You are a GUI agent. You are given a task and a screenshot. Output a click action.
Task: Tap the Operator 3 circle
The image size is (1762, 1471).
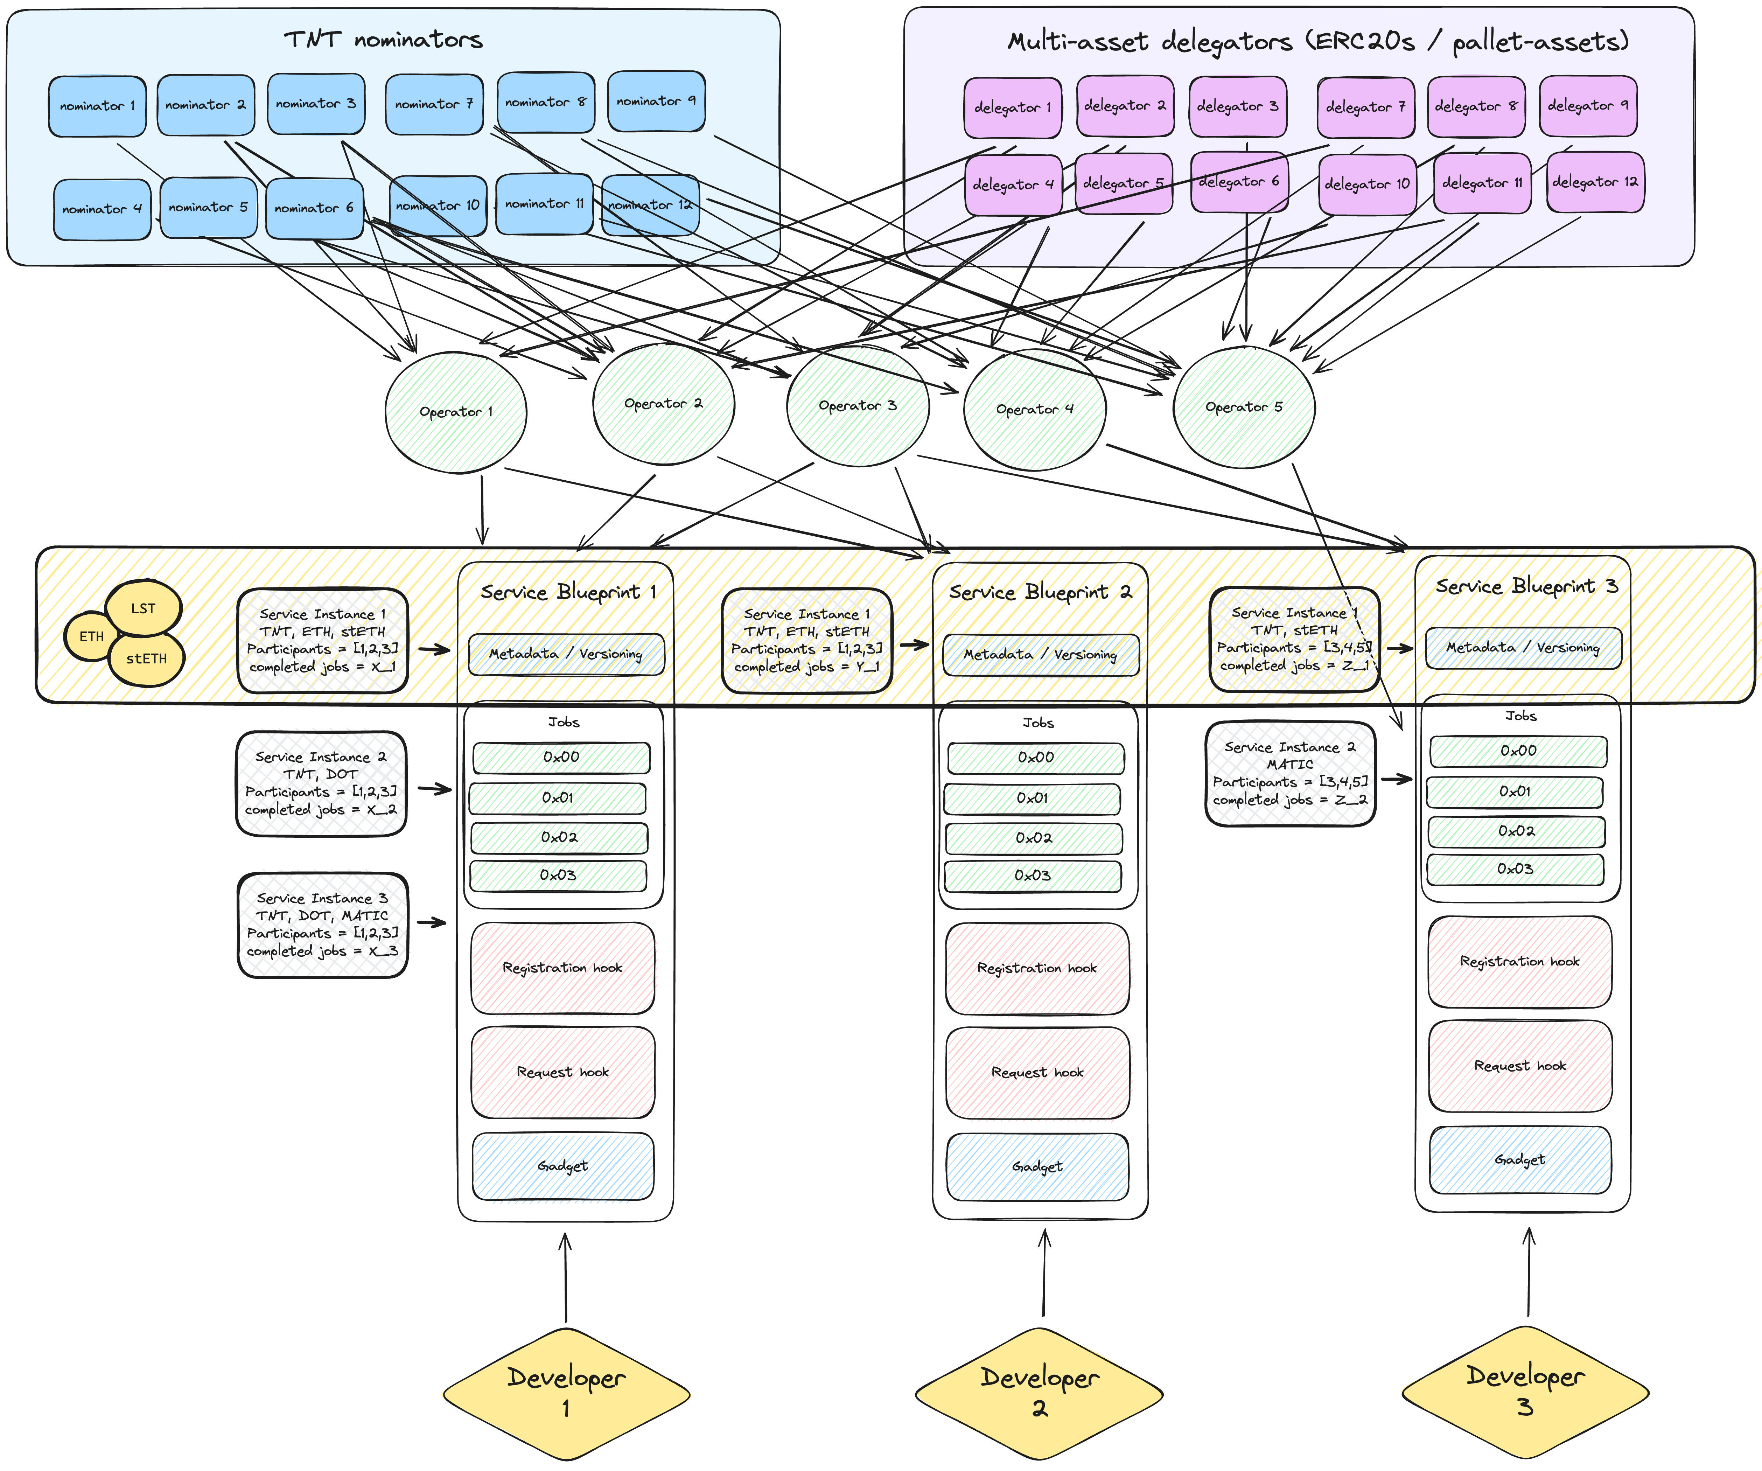[x=858, y=406]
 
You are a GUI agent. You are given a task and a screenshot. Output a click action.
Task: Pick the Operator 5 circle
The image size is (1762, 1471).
[x=1244, y=407]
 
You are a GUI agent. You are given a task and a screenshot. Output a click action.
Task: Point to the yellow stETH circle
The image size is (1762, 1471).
[x=147, y=659]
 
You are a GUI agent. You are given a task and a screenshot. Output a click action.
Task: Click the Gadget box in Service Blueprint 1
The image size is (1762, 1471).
[x=563, y=1166]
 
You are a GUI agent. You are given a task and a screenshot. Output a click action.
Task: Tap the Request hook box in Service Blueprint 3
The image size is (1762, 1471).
[x=1519, y=1066]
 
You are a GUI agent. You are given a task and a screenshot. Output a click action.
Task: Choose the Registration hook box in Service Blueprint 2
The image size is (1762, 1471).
[x=1037, y=968]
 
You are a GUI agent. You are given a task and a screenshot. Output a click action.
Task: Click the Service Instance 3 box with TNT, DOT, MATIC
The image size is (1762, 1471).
[x=323, y=925]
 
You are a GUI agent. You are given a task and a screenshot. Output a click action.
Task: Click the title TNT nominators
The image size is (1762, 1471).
[x=383, y=40]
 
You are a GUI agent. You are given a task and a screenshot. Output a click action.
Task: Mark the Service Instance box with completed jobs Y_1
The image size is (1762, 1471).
[x=806, y=640]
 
